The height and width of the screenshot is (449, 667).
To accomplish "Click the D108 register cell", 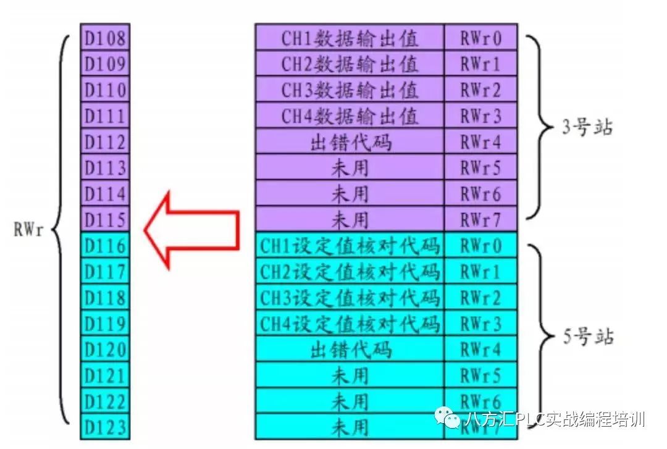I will coord(105,38).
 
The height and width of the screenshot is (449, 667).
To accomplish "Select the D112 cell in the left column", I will coord(105,142).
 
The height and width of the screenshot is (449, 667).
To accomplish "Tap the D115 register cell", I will coord(105,220).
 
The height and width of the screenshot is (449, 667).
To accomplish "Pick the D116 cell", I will coord(105,246).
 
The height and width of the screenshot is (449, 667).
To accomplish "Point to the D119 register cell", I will coord(105,324).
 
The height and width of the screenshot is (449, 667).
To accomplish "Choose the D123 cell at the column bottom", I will coord(105,427).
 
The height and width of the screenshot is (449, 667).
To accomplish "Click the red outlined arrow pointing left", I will coord(191,230).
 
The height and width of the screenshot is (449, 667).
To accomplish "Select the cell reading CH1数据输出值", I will coord(350,38).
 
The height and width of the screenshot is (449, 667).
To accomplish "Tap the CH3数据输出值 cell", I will coord(350,90).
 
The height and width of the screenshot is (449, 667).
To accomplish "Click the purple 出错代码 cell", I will coord(350,142).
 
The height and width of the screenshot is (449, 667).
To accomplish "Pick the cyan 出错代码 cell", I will coord(350,350).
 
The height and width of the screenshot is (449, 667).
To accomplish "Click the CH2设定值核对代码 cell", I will coord(350,272).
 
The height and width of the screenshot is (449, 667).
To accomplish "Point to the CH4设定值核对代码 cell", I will coord(350,324).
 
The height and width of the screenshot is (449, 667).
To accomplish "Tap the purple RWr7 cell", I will coord(480,220).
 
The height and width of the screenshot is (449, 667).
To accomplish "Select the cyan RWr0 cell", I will coord(480,246).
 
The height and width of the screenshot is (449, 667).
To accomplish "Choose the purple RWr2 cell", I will coord(480,90).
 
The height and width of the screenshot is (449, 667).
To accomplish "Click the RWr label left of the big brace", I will coord(28,232).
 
